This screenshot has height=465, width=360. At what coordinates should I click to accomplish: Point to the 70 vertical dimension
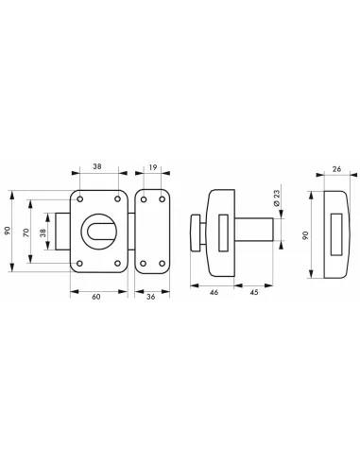26,232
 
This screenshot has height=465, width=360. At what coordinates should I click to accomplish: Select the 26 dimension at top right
337,170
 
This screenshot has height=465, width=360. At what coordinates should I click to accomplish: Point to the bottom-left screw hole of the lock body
81,264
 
